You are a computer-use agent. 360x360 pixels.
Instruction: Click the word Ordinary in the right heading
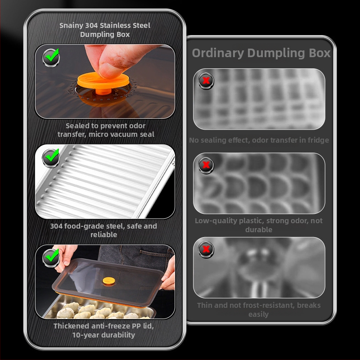[218, 53]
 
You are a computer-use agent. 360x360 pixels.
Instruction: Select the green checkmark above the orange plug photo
[52, 55]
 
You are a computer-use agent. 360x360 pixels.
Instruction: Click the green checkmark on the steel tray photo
[52, 156]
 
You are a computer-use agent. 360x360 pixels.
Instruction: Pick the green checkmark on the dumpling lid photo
[52, 256]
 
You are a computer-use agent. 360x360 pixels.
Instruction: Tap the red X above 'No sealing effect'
[206, 81]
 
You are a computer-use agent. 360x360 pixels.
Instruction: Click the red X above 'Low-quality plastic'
[206, 165]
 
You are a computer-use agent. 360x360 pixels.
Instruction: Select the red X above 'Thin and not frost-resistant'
[206, 249]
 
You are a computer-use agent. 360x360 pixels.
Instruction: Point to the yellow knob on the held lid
[109, 281]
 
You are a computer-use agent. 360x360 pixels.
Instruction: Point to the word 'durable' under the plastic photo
[259, 229]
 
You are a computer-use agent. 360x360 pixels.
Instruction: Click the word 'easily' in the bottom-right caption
[258, 315]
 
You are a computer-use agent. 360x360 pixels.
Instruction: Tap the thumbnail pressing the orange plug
[105, 81]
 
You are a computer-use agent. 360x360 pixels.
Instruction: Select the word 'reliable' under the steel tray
[104, 234]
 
